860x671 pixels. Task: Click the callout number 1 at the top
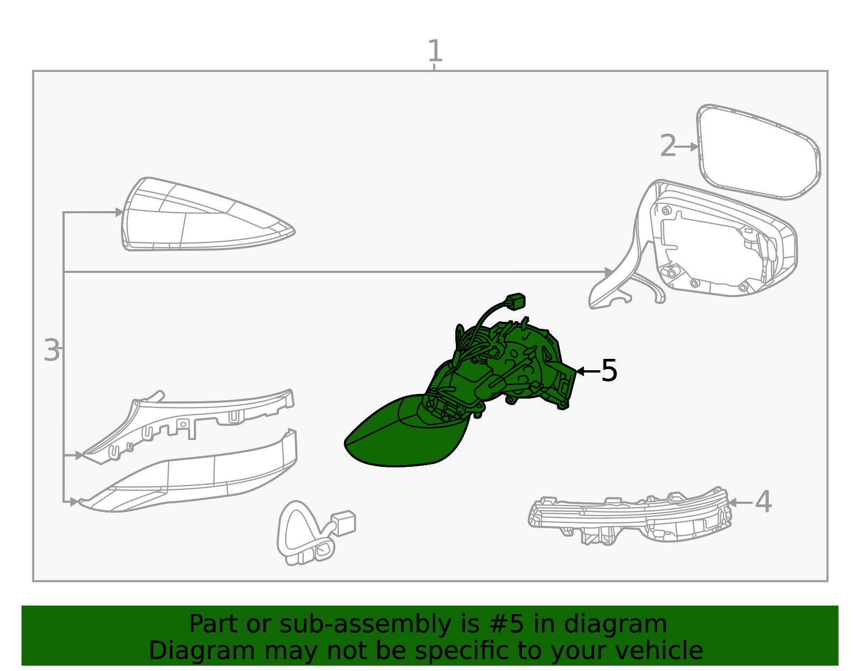[x=435, y=50]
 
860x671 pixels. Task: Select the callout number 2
[x=668, y=146]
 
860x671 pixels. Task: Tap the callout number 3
[x=52, y=350]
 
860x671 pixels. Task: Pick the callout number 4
[x=763, y=502]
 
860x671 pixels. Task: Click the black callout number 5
[x=609, y=371]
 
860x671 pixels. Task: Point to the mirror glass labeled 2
[x=758, y=152]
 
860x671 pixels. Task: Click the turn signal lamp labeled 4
[x=629, y=516]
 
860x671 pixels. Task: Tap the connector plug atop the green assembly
[x=515, y=301]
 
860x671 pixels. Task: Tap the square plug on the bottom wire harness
[x=343, y=522]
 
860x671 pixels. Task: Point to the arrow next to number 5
[x=589, y=371]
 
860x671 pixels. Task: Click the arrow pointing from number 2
[x=686, y=147]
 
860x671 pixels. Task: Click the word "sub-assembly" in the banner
[x=365, y=624]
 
